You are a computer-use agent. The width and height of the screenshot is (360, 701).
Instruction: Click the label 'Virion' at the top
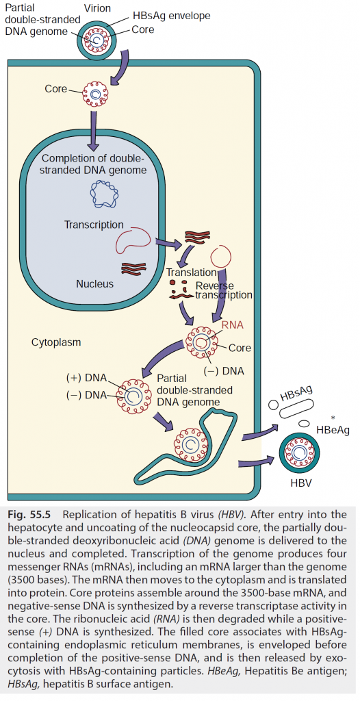pyautogui.click(x=98, y=8)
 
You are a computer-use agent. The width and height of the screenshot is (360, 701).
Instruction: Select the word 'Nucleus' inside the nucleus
pyautogui.click(x=95, y=283)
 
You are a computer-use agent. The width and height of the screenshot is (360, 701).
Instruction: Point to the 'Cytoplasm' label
pyautogui.click(x=56, y=342)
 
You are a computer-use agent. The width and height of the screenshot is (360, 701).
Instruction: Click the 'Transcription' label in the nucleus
pyautogui.click(x=94, y=224)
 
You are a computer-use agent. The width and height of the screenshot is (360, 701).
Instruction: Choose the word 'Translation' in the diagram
pyautogui.click(x=191, y=272)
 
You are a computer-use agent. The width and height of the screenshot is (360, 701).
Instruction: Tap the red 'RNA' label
pyautogui.click(x=233, y=325)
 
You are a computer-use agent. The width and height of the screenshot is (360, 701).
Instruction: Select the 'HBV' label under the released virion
pyautogui.click(x=301, y=484)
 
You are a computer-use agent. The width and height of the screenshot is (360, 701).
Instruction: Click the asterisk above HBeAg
pyautogui.click(x=333, y=418)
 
